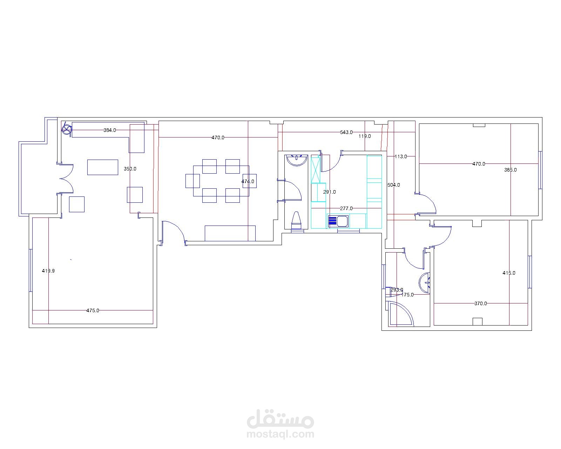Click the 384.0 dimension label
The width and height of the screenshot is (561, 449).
pyautogui.click(x=109, y=130)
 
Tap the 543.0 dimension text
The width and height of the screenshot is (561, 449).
pyautogui.click(x=346, y=132)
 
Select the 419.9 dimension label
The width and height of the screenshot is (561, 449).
pyautogui.click(x=48, y=271)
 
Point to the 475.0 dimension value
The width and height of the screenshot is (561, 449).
pyautogui.click(x=93, y=310)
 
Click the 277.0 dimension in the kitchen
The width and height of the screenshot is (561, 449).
pyautogui.click(x=346, y=208)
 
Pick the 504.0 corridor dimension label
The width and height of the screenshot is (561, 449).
pyautogui.click(x=394, y=185)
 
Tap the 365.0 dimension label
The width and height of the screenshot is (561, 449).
pyautogui.click(x=510, y=170)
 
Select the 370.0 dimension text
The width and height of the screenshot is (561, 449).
pyautogui.click(x=480, y=303)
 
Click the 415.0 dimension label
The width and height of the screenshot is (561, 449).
pyautogui.click(x=509, y=273)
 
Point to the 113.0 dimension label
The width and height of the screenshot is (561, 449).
pyautogui.click(x=401, y=156)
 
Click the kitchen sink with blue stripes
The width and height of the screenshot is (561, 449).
pyautogui.click(x=338, y=221)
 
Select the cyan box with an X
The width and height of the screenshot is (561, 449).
pyautogui.click(x=316, y=169)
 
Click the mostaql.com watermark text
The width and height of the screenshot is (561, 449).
pyautogui.click(x=280, y=434)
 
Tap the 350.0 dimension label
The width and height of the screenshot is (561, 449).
pyautogui.click(x=130, y=169)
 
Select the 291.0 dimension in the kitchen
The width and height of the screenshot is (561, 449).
pyautogui.click(x=329, y=192)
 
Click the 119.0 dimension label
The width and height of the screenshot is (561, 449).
pyautogui.click(x=364, y=136)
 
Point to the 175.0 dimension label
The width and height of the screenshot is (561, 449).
pyautogui.click(x=407, y=295)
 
